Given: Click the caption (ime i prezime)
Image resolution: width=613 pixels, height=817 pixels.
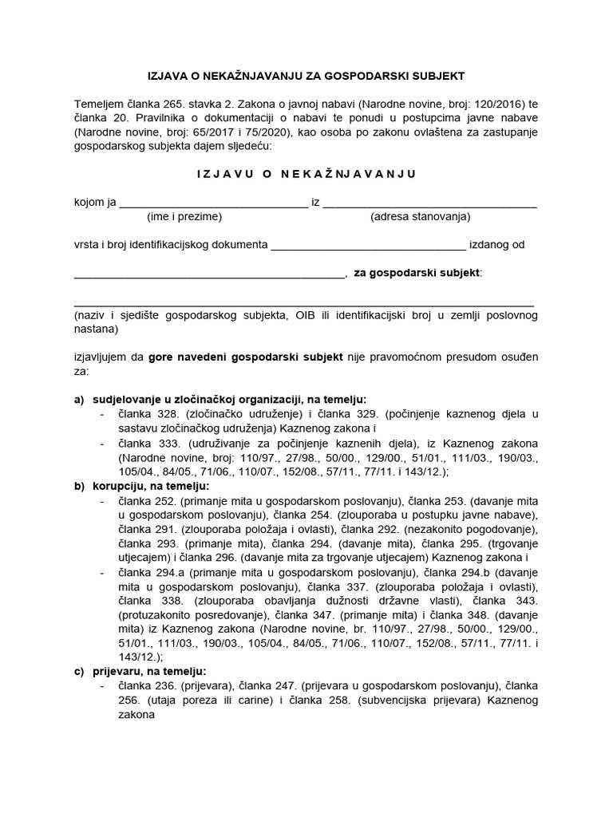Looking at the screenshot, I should point(184,217).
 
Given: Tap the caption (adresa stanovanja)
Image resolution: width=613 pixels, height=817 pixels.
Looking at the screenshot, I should point(420,217).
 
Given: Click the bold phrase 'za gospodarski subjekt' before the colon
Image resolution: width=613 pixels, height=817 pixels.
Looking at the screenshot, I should point(417,273).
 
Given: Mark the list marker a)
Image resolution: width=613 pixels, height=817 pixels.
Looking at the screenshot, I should point(78,399).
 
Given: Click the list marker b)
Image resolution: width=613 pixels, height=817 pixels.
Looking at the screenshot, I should point(78,485).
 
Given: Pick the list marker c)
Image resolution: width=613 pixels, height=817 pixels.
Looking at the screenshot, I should point(78,672).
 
